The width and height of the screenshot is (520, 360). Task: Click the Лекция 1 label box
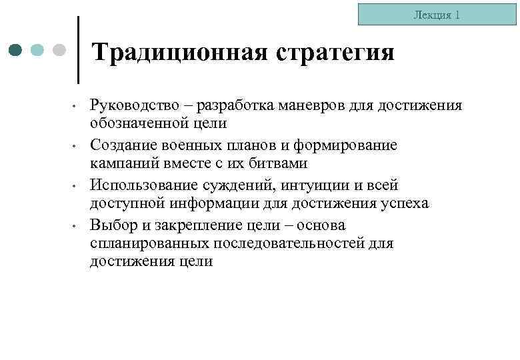coord(437,15)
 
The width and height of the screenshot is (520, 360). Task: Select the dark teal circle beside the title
coord(17,50)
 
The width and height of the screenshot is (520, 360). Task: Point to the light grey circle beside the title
coord(59,50)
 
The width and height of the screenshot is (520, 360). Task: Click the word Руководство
coord(135,105)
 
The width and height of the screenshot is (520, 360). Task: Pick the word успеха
coord(402,203)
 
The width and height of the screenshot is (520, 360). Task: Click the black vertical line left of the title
coord(79,50)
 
